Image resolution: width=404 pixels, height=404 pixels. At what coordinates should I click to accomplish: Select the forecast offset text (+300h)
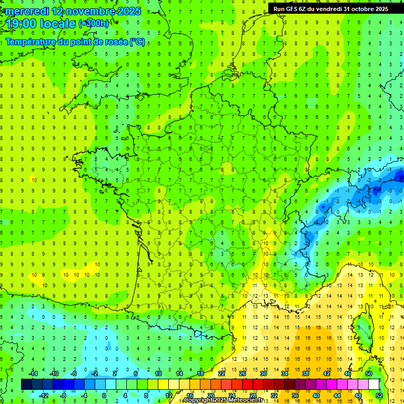93,24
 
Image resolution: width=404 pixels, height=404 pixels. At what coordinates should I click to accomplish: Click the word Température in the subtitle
33,42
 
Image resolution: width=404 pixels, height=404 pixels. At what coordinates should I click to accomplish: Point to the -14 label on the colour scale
33,373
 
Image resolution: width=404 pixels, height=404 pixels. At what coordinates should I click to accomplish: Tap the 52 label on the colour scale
379,396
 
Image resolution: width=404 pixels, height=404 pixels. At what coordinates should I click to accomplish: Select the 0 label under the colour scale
104,396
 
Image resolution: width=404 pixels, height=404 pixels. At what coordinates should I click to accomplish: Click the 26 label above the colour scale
243,373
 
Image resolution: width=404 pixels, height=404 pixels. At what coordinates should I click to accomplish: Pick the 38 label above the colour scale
305,373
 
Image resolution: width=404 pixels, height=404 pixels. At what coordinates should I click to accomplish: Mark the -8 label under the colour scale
63,396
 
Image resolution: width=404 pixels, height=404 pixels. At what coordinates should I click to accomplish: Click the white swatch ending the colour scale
374,385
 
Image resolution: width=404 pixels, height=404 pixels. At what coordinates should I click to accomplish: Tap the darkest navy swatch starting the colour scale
26,385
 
